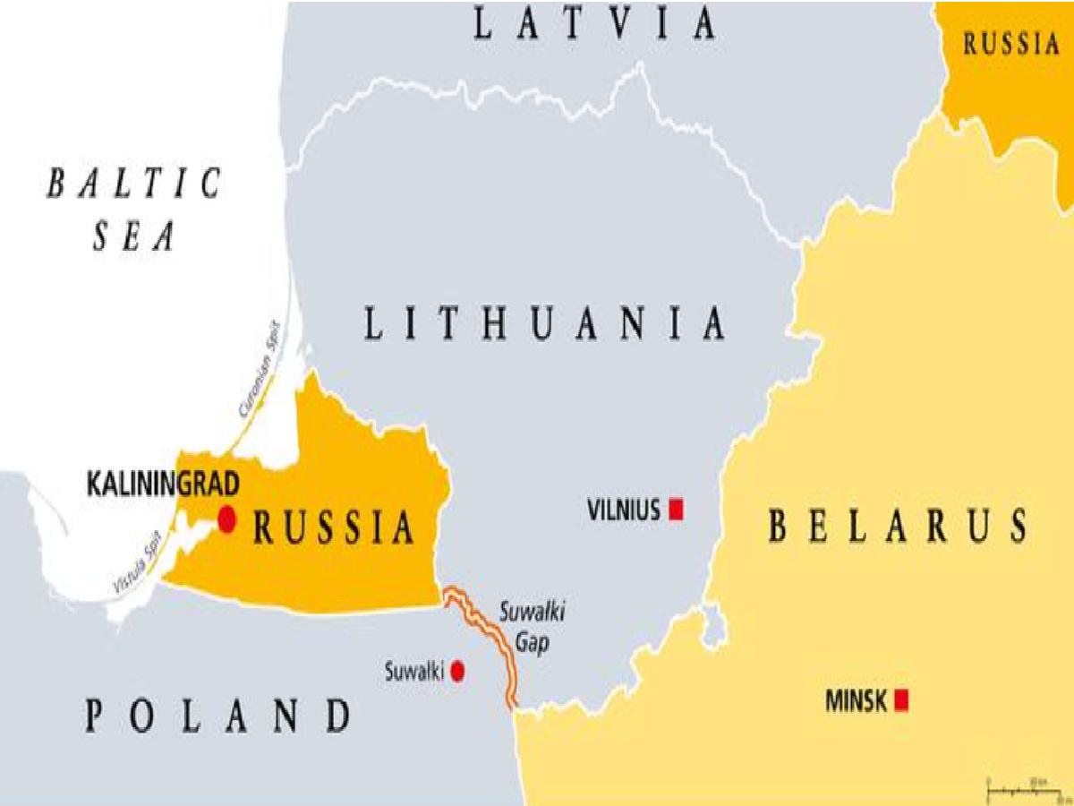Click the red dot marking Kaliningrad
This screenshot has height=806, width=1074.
[226, 519]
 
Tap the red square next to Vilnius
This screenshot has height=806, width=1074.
[677, 510]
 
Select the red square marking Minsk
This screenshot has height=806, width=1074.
[901, 699]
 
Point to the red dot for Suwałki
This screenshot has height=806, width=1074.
[457, 671]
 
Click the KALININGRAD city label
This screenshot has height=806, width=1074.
[163, 485]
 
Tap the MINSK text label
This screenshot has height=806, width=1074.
[856, 699]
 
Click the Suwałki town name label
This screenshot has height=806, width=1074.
[414, 671]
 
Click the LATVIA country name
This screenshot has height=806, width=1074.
[594, 23]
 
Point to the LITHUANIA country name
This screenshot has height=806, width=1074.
[544, 323]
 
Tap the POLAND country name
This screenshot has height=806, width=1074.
[218, 716]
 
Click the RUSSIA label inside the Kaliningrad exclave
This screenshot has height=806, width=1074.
[334, 527]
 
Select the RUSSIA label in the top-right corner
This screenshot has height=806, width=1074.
[1010, 45]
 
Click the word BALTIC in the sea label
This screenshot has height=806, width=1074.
[134, 184]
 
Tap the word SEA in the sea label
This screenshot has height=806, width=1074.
[136, 236]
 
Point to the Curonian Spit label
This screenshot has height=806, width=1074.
[259, 371]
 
